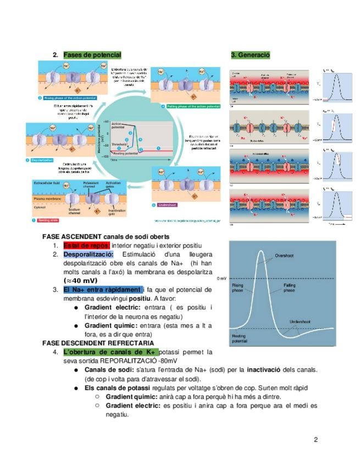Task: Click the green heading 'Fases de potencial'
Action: [x=92, y=55]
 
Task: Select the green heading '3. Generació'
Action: [x=250, y=55]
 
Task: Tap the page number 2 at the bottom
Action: [x=316, y=439]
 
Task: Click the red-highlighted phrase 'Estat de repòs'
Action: [x=86, y=245]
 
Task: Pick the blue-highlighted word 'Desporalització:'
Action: [x=88, y=254]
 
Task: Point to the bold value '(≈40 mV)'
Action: [x=82, y=280]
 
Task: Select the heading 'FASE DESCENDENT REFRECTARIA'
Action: [x=98, y=342]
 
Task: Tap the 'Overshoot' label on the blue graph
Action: [x=285, y=256]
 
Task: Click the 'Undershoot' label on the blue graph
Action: [x=302, y=321]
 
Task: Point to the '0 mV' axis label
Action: [x=222, y=279]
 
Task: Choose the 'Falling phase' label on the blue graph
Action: [x=290, y=288]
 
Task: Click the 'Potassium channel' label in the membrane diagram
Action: [x=91, y=185]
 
